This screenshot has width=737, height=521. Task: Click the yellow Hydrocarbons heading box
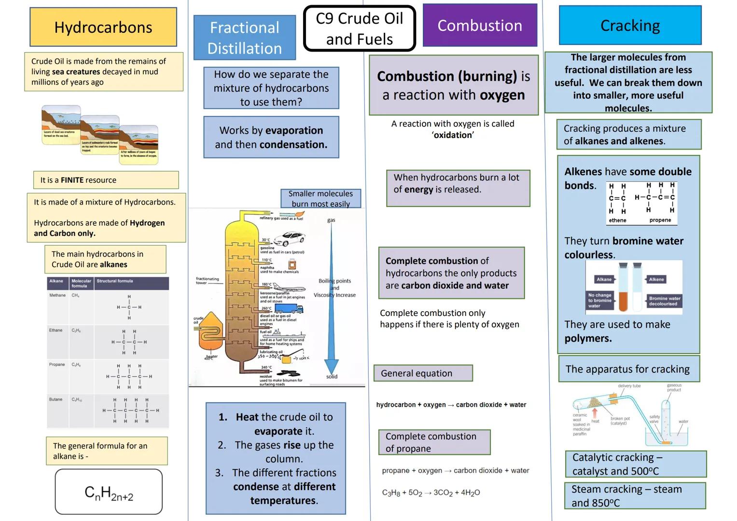[x=103, y=27]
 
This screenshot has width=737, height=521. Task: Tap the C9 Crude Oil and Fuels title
[x=360, y=28]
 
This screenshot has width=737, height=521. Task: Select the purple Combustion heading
[x=480, y=26]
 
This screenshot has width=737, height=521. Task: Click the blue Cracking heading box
[x=630, y=26]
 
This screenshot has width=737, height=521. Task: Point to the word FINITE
[x=72, y=180]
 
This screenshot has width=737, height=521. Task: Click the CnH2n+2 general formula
[x=109, y=493]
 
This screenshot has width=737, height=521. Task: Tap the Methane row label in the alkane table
[x=57, y=295]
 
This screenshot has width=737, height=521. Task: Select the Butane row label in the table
[x=56, y=399]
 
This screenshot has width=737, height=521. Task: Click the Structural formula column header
[x=115, y=281]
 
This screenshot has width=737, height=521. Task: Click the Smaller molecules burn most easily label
[x=320, y=199]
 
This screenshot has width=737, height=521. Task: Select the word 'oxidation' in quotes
[x=453, y=136]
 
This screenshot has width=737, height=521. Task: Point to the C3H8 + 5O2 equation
[x=431, y=493]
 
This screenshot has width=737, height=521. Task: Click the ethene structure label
[x=617, y=220]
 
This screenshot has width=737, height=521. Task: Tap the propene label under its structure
[x=660, y=220]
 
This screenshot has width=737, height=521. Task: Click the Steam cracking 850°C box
[x=635, y=496]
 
